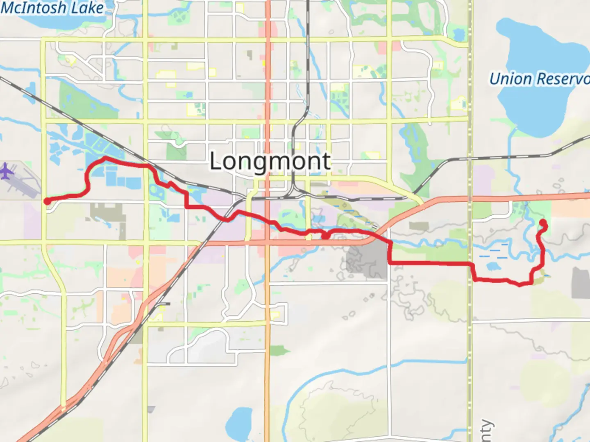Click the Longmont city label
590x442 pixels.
coord(270,161)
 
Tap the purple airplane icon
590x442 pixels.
coord(6,171)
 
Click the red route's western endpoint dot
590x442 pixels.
coord(48,201)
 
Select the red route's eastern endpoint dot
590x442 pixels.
coord(543,223)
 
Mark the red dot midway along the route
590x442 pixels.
coord(325,236)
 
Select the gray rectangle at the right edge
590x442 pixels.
coord(581,282)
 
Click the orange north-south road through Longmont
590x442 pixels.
coord(268,102)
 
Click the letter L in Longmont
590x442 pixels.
coord(216,161)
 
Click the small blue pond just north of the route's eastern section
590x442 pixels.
coord(493,266)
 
